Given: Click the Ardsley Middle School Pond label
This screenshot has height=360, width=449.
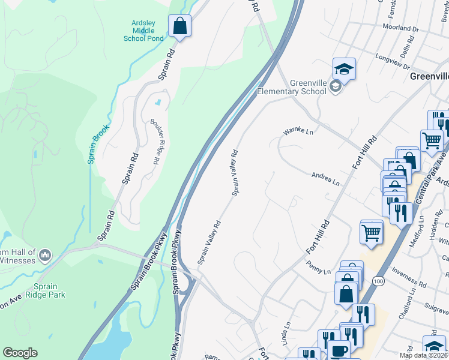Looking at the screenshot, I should click(x=143, y=31).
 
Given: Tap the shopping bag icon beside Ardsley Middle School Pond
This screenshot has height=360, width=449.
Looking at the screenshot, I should click(x=179, y=26).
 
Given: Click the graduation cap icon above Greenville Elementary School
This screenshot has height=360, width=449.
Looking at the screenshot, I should click(x=344, y=69).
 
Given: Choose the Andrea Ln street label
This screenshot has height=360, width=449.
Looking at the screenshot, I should click(x=325, y=179).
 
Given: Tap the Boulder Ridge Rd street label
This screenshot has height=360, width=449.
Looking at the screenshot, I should click(x=154, y=141).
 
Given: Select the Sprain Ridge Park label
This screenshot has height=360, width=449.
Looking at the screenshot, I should click(x=41, y=290).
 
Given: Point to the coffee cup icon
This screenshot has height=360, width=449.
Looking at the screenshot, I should click(x=338, y=350).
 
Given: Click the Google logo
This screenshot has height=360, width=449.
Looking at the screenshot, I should click(x=20, y=353).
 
